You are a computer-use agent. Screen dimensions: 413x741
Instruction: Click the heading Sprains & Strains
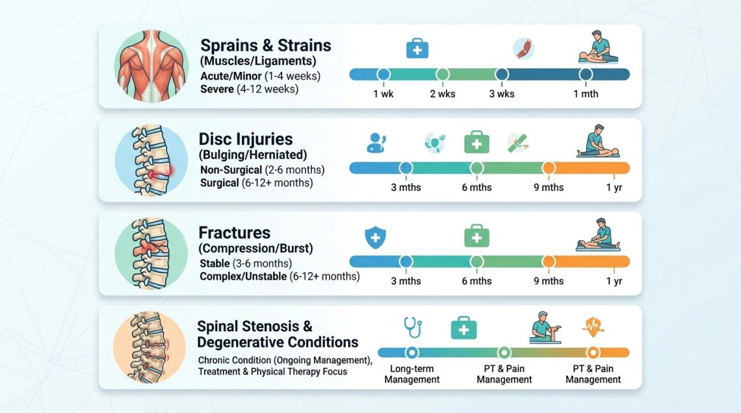265,46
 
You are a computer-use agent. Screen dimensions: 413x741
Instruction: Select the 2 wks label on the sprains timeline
442,94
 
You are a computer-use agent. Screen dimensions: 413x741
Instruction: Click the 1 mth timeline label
586,94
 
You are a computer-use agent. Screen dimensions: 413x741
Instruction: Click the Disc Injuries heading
246,139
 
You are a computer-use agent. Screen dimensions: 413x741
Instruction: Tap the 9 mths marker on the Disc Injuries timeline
549,168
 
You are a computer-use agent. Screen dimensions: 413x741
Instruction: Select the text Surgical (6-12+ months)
256,183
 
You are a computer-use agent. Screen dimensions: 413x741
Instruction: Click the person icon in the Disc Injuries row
376,142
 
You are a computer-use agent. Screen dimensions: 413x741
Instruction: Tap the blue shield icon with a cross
374,238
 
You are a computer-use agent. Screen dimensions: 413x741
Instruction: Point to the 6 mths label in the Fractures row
476,281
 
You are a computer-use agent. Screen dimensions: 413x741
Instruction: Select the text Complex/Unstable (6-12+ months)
279,277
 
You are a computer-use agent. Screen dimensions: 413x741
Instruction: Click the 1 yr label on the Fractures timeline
614,281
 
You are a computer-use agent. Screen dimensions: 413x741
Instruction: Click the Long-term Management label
411,374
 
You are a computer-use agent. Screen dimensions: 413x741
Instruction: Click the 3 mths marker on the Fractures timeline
406,262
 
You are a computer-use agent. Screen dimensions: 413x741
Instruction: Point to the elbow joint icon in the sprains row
523,49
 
